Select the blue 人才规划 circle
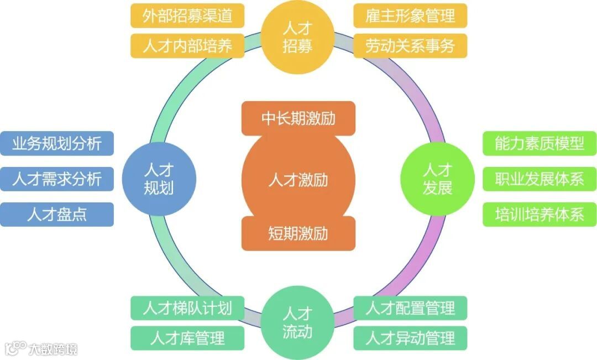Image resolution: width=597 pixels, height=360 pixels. click(159, 178)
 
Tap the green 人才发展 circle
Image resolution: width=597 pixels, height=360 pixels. click(437, 178)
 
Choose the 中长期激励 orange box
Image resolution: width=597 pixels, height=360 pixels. click(298, 118)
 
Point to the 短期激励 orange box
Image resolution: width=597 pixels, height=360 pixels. click(298, 233)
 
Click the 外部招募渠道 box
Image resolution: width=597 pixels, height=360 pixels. click(187, 15)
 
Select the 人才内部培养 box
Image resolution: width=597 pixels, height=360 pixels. click(187, 46)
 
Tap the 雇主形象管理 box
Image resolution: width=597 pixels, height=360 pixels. click(410, 15)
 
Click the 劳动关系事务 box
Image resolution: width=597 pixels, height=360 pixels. click(410, 46)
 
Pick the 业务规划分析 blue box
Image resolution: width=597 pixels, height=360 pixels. click(57, 143)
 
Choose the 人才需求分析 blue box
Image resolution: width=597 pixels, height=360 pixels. click(57, 179)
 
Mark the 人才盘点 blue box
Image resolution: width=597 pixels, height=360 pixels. click(57, 215)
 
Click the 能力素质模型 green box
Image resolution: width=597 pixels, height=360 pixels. click(540, 143)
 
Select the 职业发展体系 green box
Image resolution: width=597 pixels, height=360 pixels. click(540, 179)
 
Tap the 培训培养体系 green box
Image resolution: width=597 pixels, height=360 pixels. click(540, 215)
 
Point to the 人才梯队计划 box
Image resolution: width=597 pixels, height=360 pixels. click(187, 308)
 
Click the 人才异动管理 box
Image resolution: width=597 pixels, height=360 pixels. click(410, 338)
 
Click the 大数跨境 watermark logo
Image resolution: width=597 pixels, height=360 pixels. click(41, 348)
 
